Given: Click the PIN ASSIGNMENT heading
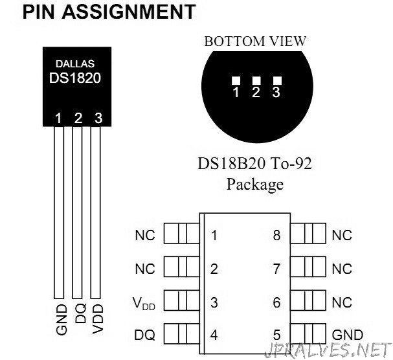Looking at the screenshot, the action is tap(109, 12).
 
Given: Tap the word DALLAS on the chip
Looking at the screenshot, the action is tap(75, 64).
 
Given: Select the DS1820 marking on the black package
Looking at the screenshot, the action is tap(75, 78).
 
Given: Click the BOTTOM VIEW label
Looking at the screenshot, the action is tap(255, 41).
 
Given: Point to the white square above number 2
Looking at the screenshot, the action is tap(256, 81).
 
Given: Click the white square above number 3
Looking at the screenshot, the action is tap(277, 81).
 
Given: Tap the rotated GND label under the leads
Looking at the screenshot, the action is tap(62, 320).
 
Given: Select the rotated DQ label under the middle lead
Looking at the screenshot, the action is tap(81, 313).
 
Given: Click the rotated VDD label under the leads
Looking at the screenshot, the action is tap(98, 319).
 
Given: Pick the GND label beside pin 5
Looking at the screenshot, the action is tap(348, 335).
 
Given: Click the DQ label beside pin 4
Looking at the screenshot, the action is tap(144, 335).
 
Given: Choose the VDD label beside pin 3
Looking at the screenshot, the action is tap(144, 303).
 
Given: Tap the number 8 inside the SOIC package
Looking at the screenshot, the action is tap(276, 236).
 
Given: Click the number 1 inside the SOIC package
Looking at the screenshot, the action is tap(214, 236).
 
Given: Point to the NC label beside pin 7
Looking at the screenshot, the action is tap(342, 269).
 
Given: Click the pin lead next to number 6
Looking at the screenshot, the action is tap(308, 300).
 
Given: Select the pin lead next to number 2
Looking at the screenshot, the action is tap(182, 267).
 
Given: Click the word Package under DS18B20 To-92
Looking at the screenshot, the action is tap(255, 185).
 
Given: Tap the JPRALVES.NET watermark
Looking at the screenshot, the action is tap(328, 350).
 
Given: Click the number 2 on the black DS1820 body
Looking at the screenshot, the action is tap(78, 118).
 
